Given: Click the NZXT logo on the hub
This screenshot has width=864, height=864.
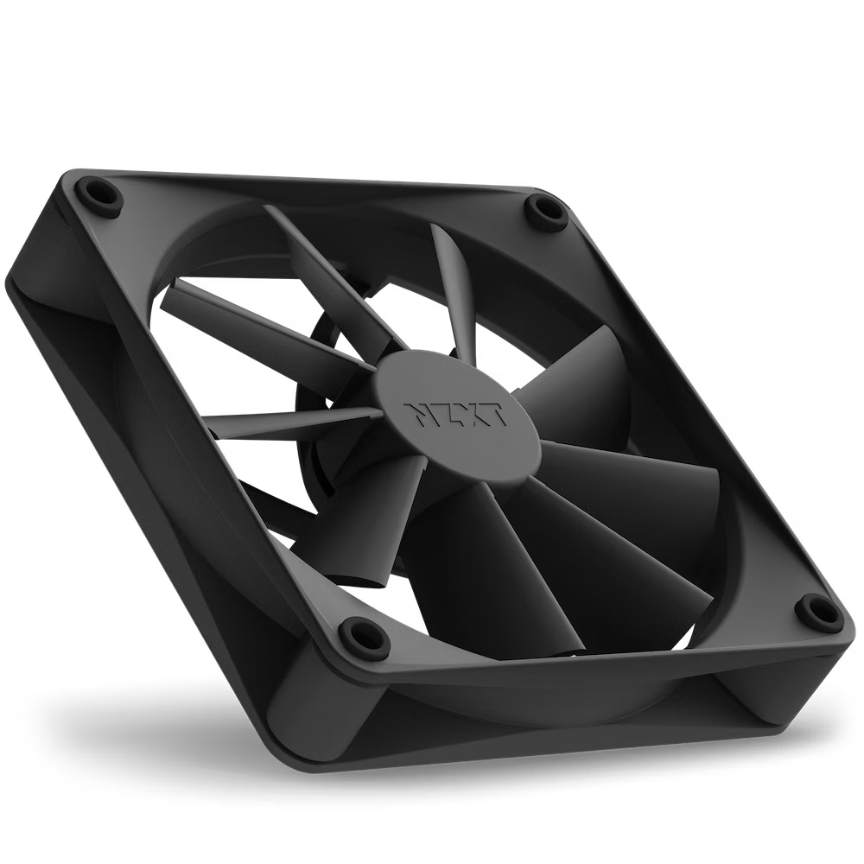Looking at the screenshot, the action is pos(453,413).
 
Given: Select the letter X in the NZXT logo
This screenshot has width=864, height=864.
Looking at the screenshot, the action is pos(467,414).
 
